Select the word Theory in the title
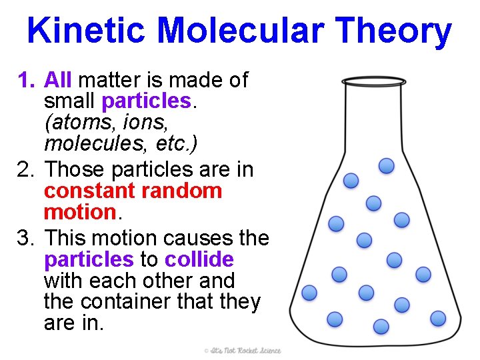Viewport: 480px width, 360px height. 394,31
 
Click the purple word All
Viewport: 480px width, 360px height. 58,81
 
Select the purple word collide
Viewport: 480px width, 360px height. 199,259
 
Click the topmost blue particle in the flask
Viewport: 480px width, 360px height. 386,166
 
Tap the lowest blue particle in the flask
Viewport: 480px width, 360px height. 381,326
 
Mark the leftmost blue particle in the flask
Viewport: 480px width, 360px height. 309,293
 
